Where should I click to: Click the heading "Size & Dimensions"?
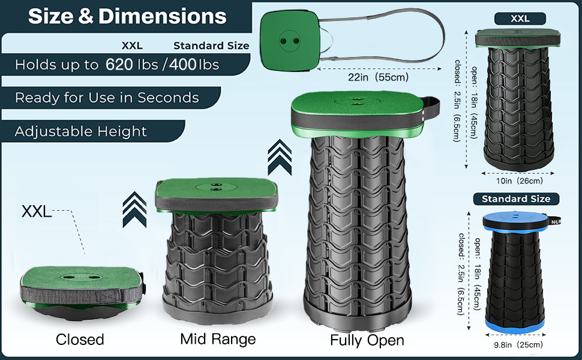click(x=127, y=16)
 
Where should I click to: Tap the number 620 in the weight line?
click(x=119, y=65)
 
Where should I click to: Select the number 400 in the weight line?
click(x=183, y=65)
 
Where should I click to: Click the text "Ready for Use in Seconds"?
click(x=107, y=98)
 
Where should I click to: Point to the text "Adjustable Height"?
click(x=80, y=131)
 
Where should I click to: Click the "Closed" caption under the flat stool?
click(x=80, y=339)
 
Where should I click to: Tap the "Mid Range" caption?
click(x=218, y=339)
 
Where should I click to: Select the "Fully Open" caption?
click(x=367, y=340)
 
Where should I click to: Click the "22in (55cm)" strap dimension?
click(x=378, y=77)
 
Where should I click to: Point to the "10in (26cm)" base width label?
click(x=519, y=181)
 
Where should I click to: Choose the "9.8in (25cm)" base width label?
click(x=518, y=345)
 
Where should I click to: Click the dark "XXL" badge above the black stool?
click(x=520, y=19)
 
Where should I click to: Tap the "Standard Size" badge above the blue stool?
click(x=516, y=199)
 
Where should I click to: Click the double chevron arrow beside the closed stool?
click(x=134, y=209)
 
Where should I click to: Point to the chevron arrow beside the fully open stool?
click(x=280, y=157)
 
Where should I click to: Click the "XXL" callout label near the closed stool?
click(x=37, y=212)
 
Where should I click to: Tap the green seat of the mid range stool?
click(x=217, y=189)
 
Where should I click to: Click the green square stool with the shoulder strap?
click(x=289, y=41)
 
